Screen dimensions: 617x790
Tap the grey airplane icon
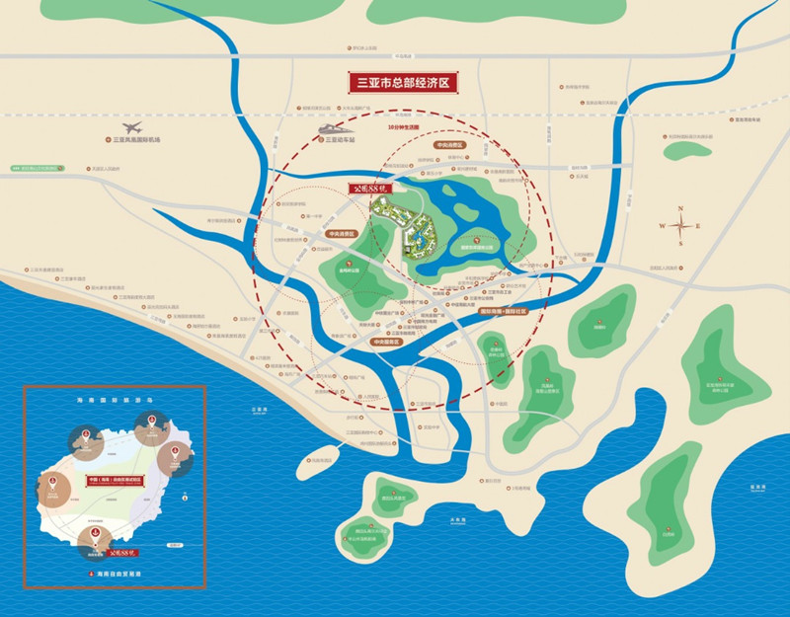click(132, 128)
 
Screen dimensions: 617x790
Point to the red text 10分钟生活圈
click(404, 128)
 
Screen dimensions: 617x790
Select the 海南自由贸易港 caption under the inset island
click(118, 574)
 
